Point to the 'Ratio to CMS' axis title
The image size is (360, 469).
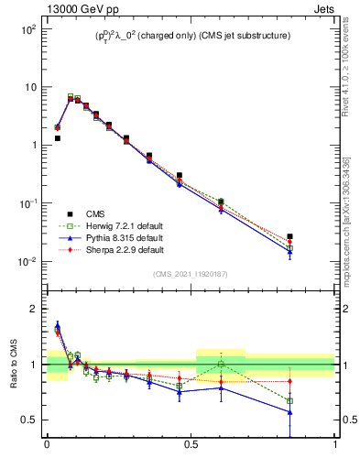(14, 364)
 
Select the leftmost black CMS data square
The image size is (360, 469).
(57, 138)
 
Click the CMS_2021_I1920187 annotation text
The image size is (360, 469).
(191, 273)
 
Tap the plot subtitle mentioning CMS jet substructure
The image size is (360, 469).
(191, 36)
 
